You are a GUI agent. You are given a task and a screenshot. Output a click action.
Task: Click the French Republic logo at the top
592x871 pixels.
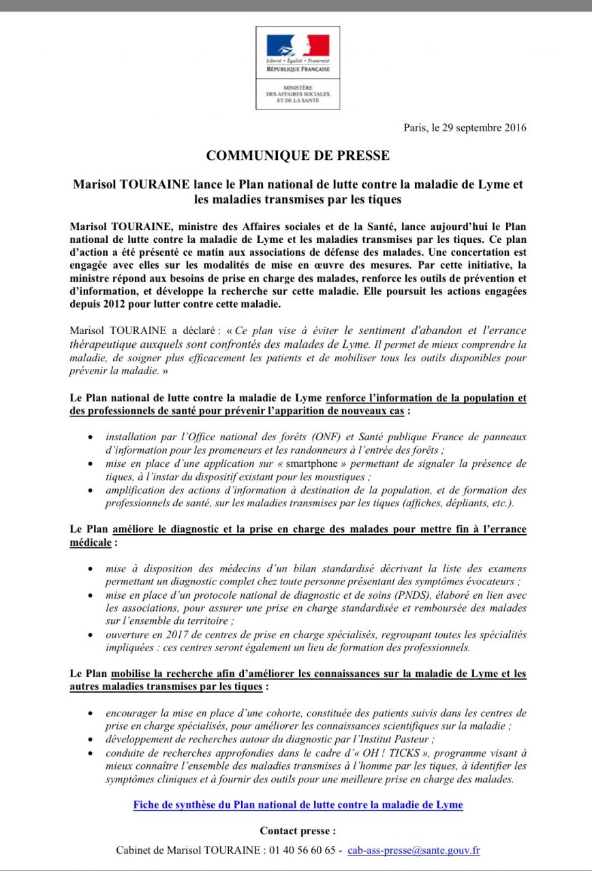pos(298,51)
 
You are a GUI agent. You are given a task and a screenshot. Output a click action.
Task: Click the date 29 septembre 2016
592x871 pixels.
pos(483,127)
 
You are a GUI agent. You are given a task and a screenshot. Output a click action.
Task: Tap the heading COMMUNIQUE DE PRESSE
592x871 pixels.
pos(298,156)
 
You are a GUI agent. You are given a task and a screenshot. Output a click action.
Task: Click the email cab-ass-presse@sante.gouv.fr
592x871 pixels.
pos(414,850)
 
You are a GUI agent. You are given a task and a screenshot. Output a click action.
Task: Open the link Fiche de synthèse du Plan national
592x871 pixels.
pos(298,805)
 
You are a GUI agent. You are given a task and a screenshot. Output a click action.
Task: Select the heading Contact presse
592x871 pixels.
pos(298,831)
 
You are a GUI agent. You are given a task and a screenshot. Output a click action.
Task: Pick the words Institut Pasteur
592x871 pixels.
pos(402,739)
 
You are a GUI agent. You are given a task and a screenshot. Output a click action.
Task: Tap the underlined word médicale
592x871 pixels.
pos(91,542)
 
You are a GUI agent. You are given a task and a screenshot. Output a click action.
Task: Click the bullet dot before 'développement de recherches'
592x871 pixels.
pos(91,739)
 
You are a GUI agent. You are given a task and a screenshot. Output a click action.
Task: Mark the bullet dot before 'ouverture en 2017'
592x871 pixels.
pos(91,634)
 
